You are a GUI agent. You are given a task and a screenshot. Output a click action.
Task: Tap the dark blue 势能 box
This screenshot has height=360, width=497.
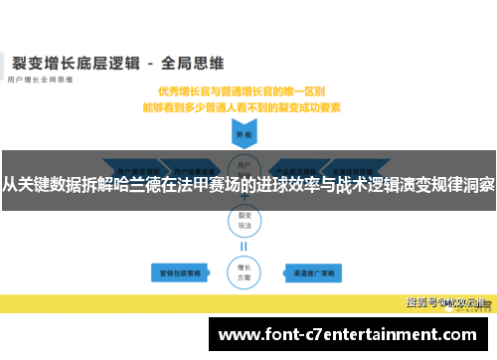(x=242, y=133)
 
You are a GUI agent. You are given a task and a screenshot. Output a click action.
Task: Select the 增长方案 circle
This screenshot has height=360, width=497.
(x=242, y=243)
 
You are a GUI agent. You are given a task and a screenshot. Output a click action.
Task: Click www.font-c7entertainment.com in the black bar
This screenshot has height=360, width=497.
(x=347, y=334)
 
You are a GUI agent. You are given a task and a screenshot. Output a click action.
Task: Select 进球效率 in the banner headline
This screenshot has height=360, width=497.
(x=287, y=183)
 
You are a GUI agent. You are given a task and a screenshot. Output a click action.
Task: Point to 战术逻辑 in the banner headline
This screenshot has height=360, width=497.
(x=367, y=183)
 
